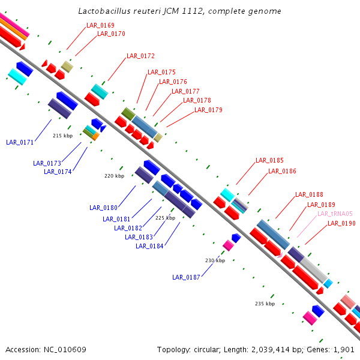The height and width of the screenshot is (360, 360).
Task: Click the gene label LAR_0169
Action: point(100,25)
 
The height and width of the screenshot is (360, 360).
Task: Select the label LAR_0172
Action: point(140,56)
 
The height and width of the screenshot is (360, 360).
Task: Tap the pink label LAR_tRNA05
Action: point(335,214)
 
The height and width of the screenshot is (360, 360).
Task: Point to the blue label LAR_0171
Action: point(20,142)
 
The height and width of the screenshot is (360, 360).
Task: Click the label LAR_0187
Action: point(186,277)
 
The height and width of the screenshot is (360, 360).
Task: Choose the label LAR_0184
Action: point(149,245)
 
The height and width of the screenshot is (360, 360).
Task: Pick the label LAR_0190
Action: point(341,223)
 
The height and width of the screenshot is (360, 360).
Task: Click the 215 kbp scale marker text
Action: point(62,136)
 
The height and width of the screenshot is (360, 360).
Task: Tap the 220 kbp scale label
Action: point(114,176)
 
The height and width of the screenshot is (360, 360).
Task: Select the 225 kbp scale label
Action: point(165,218)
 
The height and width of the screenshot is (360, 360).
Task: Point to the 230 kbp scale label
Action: point(215,260)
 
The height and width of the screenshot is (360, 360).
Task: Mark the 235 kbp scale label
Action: point(265,304)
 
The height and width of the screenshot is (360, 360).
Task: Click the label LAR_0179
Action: point(208,110)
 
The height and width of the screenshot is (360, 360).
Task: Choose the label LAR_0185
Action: point(269,160)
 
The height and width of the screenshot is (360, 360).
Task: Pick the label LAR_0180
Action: point(103,208)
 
